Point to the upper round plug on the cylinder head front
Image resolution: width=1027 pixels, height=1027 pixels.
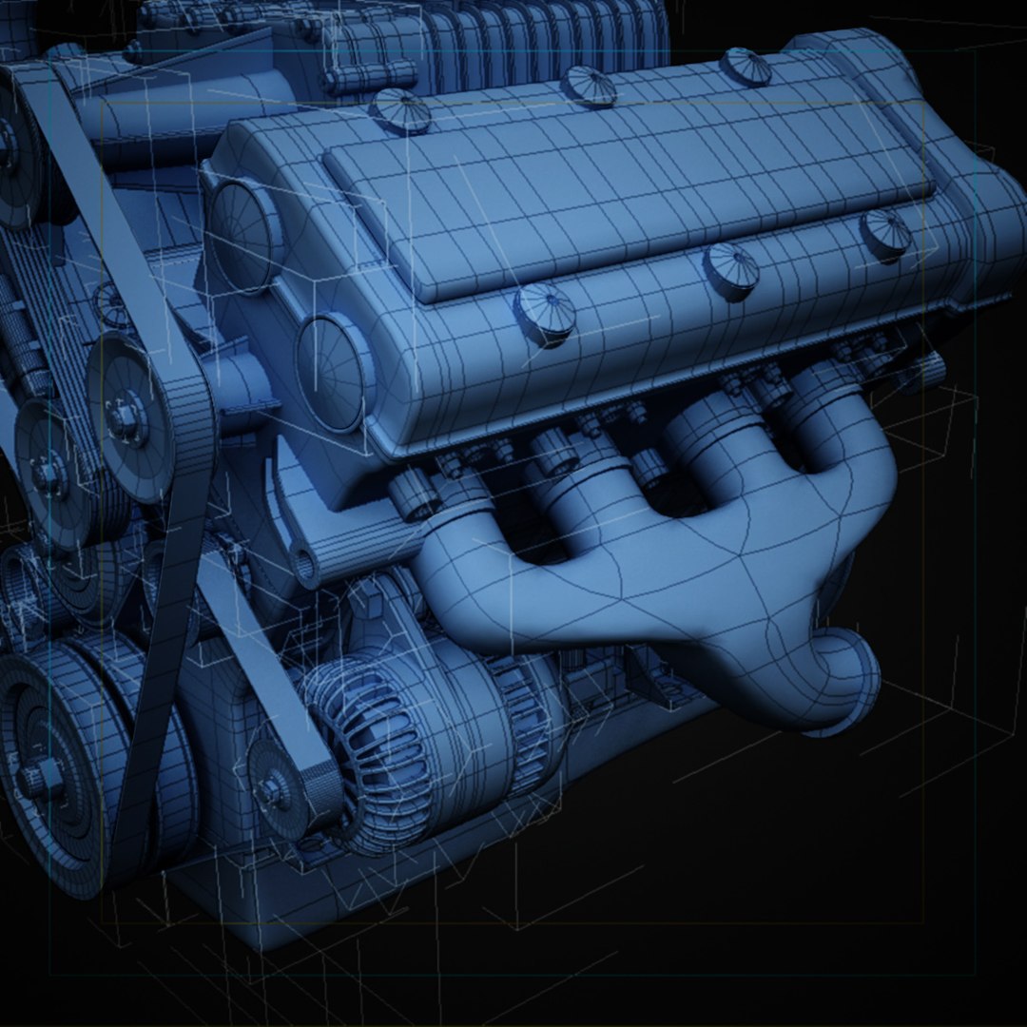(243, 224)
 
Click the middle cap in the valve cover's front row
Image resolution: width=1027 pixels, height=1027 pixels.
(730, 269)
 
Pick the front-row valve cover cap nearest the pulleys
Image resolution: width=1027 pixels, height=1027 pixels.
(545, 311)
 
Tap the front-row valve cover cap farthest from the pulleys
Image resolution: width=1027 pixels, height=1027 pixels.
(885, 232)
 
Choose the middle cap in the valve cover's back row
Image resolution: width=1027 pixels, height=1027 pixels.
(589, 85)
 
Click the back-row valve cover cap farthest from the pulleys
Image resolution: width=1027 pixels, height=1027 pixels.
(745, 66)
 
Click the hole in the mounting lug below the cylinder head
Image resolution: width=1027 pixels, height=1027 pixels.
(306, 567)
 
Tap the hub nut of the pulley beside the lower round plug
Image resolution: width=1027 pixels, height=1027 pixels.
(124, 416)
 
